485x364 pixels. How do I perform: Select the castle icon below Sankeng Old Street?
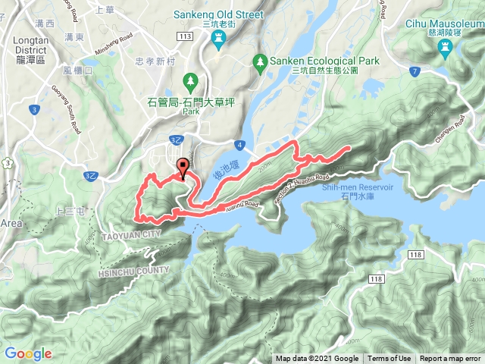tap(218, 42)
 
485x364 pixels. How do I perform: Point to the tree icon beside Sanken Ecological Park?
tap(261, 60)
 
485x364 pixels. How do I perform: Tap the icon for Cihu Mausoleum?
tap(444, 47)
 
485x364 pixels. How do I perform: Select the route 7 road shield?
tap(414, 72)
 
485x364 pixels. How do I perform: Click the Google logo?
tap(28, 353)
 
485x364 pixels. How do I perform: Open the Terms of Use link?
tap(389, 359)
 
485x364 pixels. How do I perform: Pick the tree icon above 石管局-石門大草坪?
tap(189, 78)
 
